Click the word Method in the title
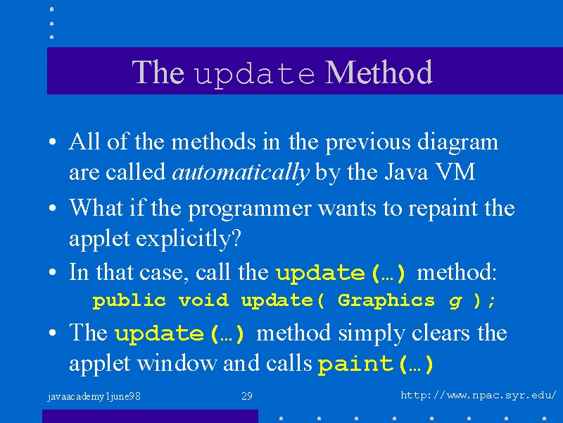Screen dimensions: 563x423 pyautogui.click(x=379, y=73)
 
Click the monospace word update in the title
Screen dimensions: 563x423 pyautogui.click(x=254, y=74)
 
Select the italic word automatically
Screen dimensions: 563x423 pyautogui.click(x=241, y=172)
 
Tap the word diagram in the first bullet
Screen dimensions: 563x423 pyautogui.click(x=458, y=142)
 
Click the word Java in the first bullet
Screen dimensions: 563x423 pyautogui.click(x=407, y=172)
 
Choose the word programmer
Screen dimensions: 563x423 pyautogui.click(x=250, y=209)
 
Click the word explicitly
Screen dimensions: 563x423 pyautogui.click(x=188, y=238)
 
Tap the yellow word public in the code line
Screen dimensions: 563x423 pyautogui.click(x=129, y=301)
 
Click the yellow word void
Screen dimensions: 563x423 pyautogui.click(x=203, y=300)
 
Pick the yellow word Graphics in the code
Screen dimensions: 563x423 pyautogui.click(x=386, y=301)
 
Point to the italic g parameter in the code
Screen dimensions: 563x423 pyautogui.click(x=455, y=302)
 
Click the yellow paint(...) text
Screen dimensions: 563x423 pyautogui.click(x=376, y=364)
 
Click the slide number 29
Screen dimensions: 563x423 pyautogui.click(x=247, y=396)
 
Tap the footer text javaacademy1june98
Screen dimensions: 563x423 pyautogui.click(x=94, y=397)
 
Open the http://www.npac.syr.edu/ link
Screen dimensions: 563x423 pyautogui.click(x=479, y=396)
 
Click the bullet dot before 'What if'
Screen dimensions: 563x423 pyautogui.click(x=52, y=208)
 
